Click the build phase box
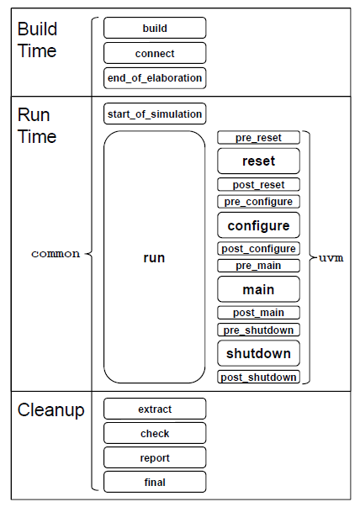coord(155,28)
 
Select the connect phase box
coord(155,53)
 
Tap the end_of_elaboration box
coord(155,78)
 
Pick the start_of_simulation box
coord(155,113)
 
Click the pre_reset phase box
coord(258,137)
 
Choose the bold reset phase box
coord(258,161)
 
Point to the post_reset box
coord(258,185)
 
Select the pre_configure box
coord(258,202)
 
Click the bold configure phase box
coord(258,225)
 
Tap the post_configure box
coord(258,249)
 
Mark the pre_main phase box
coord(258,266)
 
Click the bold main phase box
coord(258,289)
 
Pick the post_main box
coord(258,313)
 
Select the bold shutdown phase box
coord(258,353)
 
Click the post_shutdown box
coord(258,378)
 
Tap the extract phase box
coord(155,409)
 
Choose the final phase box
coord(155,482)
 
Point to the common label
coord(56,253)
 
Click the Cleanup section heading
coord(50,411)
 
